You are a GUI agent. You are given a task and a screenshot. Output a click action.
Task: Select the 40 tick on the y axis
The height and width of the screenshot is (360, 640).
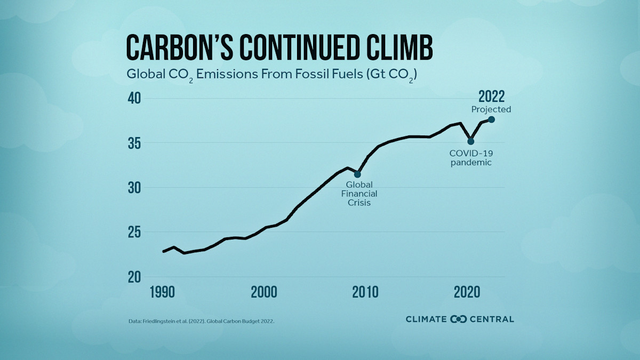(134, 99)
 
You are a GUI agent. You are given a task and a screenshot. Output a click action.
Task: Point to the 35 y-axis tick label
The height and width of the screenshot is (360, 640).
(134, 143)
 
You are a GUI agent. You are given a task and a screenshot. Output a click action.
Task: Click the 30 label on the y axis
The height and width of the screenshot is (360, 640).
(134, 188)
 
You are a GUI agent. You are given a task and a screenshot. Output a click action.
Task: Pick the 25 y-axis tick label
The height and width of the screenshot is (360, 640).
(134, 233)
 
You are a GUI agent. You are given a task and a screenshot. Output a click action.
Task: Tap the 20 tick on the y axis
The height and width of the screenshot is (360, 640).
(134, 277)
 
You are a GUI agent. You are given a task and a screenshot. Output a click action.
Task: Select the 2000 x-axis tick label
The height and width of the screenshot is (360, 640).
(264, 293)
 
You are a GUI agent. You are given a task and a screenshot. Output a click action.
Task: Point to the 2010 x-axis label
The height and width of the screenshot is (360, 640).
(365, 293)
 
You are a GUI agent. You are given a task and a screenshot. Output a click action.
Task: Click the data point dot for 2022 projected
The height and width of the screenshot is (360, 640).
(491, 119)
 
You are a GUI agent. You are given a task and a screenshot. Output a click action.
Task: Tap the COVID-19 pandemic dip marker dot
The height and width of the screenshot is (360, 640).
(471, 141)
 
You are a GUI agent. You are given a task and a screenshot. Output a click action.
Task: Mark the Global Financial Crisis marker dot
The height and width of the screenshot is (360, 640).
(357, 174)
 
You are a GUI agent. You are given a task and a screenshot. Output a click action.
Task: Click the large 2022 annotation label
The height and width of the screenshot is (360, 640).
(491, 97)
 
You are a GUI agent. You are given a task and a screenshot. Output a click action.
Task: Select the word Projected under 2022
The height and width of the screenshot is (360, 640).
(491, 109)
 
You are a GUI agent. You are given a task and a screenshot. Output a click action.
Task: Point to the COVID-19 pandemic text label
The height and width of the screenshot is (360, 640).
(470, 158)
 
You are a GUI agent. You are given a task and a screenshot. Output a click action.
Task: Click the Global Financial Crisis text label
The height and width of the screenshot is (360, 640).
(359, 194)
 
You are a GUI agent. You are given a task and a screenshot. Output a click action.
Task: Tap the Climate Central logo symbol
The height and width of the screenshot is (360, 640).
(459, 319)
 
